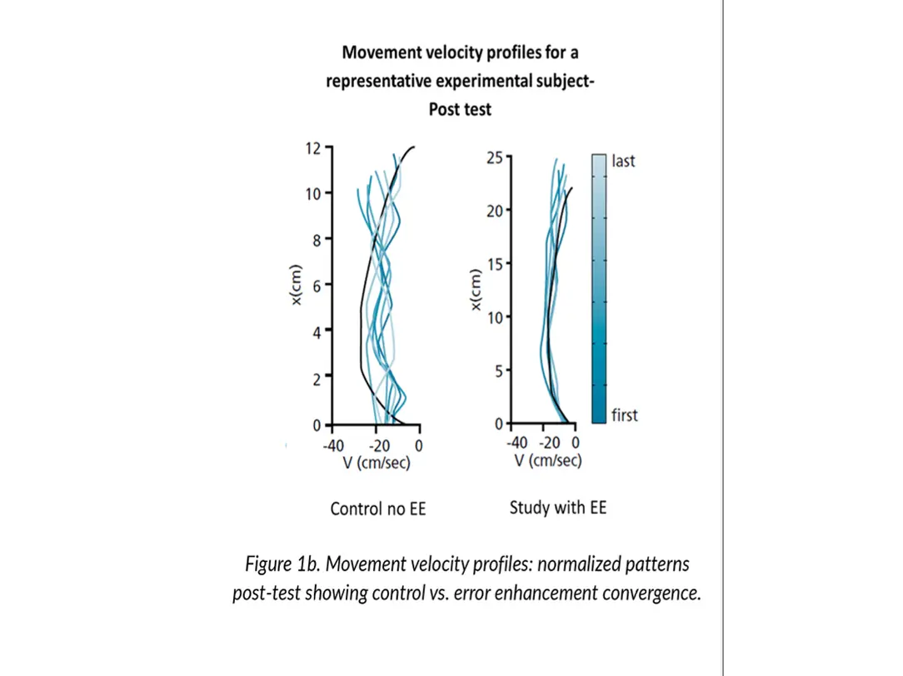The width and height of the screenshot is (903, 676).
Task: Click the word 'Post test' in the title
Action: tap(460, 110)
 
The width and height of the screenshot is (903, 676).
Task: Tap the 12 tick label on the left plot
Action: tap(313, 148)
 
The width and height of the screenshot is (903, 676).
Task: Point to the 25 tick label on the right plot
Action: tap(494, 157)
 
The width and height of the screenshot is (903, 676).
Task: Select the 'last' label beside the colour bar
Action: tap(623, 161)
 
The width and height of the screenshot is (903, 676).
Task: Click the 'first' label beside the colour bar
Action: tap(625, 415)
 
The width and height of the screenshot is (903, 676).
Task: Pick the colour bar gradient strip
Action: tap(600, 287)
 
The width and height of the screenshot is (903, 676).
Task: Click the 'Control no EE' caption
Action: tap(377, 509)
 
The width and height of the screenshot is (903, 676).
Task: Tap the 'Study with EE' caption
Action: tap(558, 507)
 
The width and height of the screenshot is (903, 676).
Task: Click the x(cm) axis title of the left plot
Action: tap(296, 285)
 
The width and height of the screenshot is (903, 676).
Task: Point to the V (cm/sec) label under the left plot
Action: tap(377, 463)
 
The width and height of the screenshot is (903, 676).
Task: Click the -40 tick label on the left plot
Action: tap(333, 445)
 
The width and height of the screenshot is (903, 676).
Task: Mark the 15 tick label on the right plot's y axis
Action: tap(494, 264)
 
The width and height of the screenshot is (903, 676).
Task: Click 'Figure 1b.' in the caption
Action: tap(282, 564)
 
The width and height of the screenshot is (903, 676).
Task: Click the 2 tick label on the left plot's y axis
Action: tap(317, 380)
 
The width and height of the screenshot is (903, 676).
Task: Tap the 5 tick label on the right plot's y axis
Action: tap(498, 370)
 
